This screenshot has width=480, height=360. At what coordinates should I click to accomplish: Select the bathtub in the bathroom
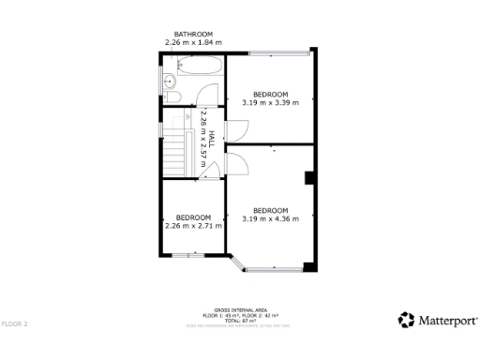coord(198,66)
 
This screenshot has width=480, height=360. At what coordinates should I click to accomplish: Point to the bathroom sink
coord(169,82)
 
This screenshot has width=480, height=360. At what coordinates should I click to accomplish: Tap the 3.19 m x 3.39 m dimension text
coord(270,102)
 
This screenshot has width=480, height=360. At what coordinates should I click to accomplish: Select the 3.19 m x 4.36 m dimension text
coord(270,218)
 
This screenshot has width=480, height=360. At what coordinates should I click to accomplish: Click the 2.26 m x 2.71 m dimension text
coord(193,226)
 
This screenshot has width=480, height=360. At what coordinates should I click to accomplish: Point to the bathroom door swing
coord(209,96)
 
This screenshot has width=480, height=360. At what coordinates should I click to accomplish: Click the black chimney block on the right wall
coord(308,178)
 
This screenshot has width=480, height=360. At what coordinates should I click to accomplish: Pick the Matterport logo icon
coord(406,320)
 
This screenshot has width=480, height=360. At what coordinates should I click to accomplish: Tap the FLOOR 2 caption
coord(15,323)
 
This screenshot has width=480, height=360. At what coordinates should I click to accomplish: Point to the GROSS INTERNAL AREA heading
coord(240,308)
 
